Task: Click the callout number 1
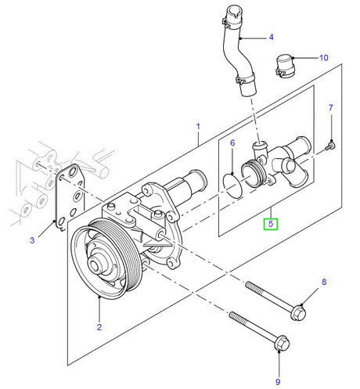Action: point(199,126)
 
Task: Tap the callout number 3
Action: point(33,241)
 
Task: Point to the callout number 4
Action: point(271,37)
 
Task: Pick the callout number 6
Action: point(232,143)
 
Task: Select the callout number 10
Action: point(324,58)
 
